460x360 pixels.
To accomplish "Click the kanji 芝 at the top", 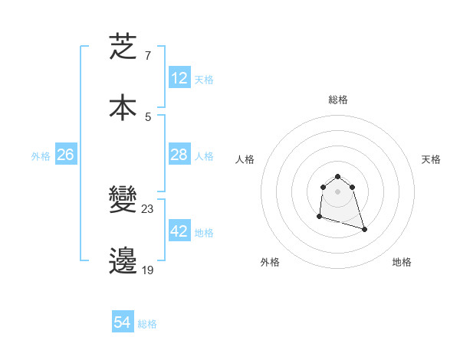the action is (123, 47).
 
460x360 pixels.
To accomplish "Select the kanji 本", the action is (123, 107).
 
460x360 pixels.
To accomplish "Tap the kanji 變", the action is (123, 201).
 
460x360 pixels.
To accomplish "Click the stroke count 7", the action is (147, 56).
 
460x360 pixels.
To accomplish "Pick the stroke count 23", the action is (148, 209).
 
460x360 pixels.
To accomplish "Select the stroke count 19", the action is (147, 269).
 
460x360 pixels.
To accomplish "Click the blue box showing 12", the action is (179, 78).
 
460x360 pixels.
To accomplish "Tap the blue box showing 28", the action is (179, 155).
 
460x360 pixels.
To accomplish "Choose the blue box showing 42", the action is (179, 231).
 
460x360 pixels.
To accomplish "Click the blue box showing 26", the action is (66, 155).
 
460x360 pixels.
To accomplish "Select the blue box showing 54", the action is (123, 322).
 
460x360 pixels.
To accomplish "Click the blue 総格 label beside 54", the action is (147, 324).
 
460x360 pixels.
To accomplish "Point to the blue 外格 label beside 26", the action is (41, 156).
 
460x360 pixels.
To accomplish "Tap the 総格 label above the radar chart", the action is (338, 100).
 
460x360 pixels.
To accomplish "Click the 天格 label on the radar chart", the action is (431, 159).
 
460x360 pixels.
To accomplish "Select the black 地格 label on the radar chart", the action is (402, 262).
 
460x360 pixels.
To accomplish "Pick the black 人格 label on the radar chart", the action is (245, 159).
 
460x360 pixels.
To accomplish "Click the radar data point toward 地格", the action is (364, 229).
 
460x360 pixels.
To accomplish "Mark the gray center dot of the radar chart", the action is (337, 191).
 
